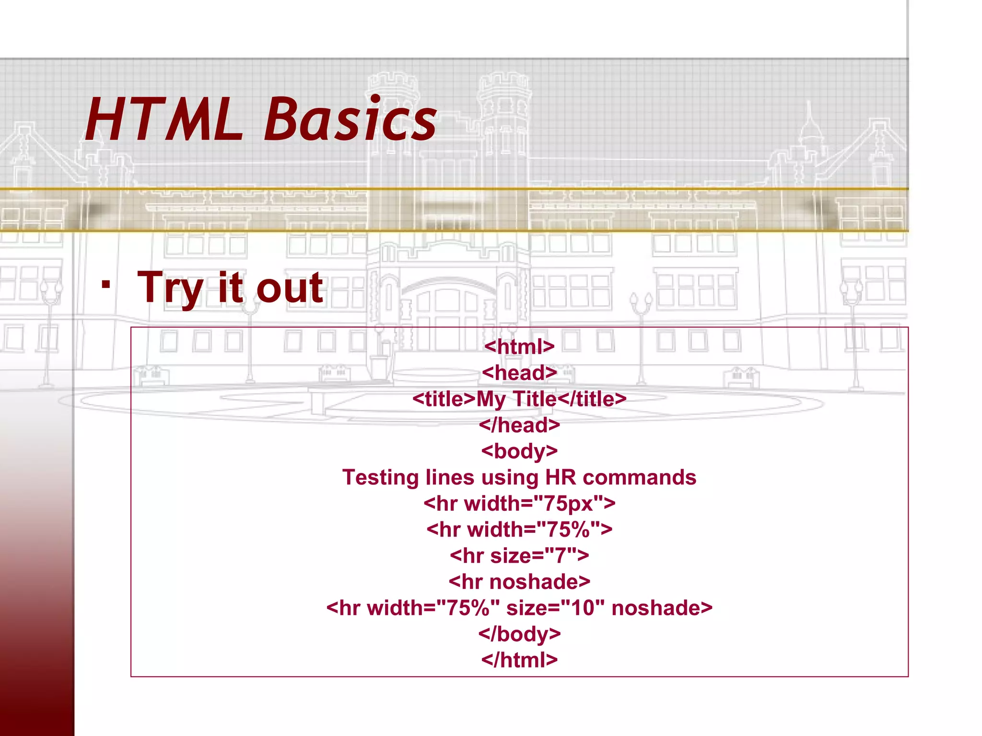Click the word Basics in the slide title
(x=350, y=120)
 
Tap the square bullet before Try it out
(x=106, y=285)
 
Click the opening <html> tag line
(x=519, y=346)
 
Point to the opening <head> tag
(x=519, y=373)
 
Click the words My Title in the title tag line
(x=516, y=399)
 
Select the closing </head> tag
(x=519, y=425)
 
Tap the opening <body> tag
(x=519, y=451)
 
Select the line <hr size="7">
(x=519, y=556)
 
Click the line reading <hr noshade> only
(x=519, y=582)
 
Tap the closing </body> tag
(x=519, y=634)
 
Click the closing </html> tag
(x=519, y=660)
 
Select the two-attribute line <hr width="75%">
(x=519, y=529)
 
